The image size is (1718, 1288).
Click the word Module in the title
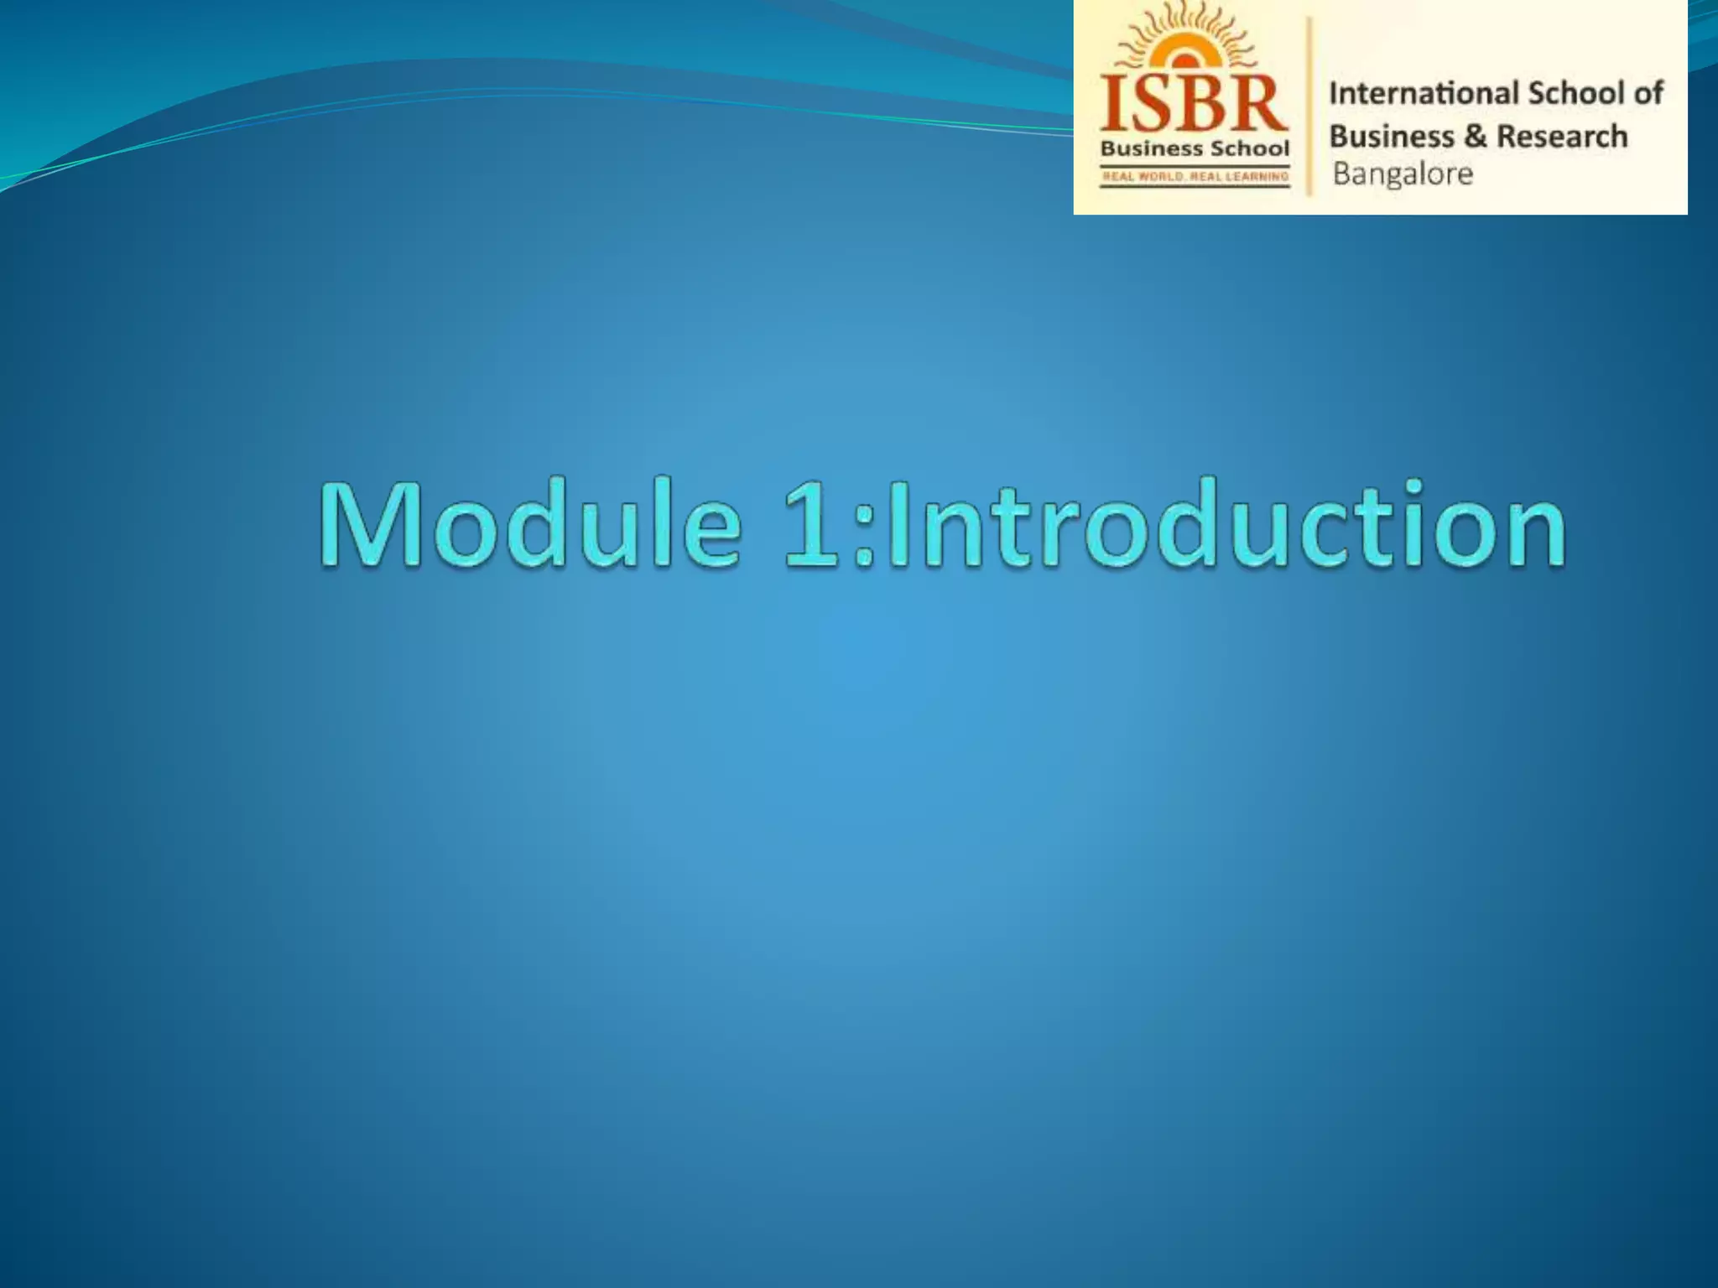pos(529,524)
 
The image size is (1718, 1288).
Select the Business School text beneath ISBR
pos(1195,149)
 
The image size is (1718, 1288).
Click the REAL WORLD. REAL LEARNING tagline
pos(1195,176)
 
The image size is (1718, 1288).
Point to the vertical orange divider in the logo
pos(1309,107)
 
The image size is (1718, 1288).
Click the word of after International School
pos(1648,93)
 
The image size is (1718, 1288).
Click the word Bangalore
pos(1403,174)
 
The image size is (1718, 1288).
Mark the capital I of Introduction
pos(897,524)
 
